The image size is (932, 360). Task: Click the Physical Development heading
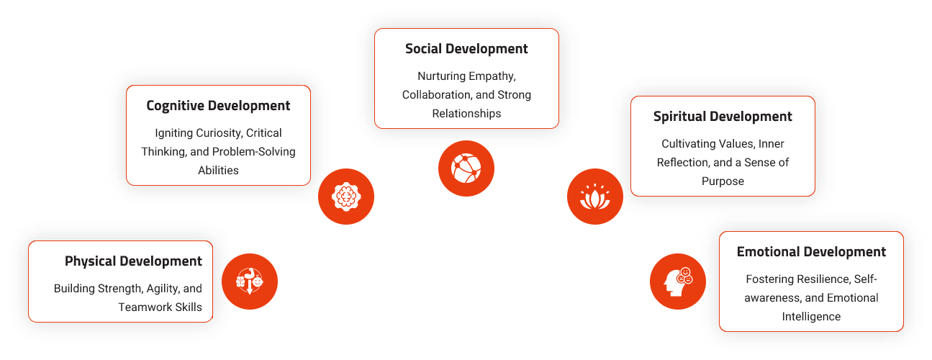point(133,261)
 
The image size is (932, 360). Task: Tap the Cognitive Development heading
point(218,106)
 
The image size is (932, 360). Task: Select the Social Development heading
point(466,49)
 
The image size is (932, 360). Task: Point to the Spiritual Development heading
point(723,117)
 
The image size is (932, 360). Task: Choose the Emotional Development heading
point(811,252)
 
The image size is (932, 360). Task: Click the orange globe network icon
point(466,168)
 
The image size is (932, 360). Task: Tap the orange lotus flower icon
point(594,196)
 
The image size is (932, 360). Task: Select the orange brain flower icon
point(346,196)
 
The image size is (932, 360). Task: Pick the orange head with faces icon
point(677,281)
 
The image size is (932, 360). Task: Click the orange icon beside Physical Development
point(249,281)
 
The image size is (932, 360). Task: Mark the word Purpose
point(723,181)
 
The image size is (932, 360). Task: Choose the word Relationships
point(466,114)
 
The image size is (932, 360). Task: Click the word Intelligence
point(811,317)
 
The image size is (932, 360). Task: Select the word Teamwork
point(144,307)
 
